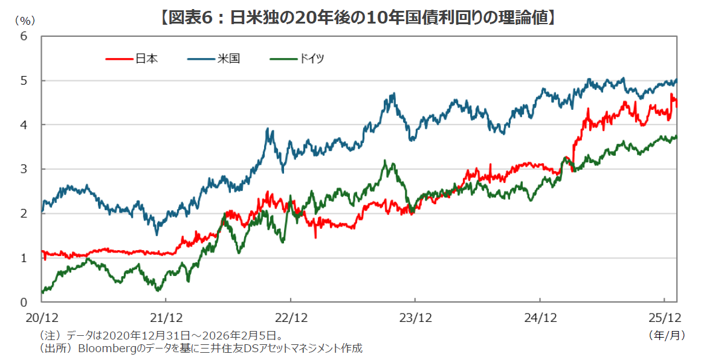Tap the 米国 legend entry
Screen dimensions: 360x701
point(229,59)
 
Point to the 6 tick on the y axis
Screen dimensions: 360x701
point(24,36)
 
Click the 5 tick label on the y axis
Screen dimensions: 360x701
point(24,80)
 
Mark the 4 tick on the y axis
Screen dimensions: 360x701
point(24,124)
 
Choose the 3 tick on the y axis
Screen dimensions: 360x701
point(24,169)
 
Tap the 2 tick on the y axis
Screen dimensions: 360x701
point(24,213)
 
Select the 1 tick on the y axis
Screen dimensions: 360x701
point(24,258)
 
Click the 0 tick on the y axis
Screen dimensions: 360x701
point(24,302)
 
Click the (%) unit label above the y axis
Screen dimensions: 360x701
point(25,20)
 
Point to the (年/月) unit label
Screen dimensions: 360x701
point(667,334)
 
